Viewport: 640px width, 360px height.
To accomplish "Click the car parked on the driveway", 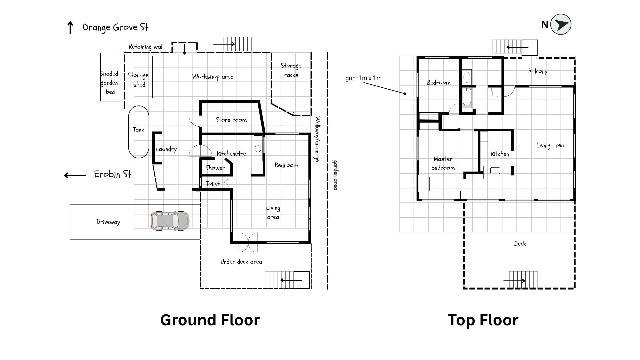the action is (170, 221).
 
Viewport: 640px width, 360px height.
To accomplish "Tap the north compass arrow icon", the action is (561, 24).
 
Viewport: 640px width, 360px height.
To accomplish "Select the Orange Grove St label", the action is (115, 27).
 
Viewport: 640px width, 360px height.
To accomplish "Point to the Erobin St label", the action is (113, 174).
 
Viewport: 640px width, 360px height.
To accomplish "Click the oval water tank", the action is (139, 132).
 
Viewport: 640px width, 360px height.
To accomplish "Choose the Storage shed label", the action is (138, 80).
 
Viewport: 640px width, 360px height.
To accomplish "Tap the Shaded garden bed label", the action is (109, 83).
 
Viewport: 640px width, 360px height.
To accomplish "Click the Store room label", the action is (231, 120).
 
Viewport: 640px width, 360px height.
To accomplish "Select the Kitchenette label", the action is (231, 153).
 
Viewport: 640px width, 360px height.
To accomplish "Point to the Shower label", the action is (215, 168).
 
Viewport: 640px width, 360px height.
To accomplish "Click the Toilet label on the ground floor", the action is (213, 183).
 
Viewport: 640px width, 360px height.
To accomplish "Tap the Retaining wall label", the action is (146, 47).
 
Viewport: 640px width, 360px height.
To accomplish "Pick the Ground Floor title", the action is (210, 320).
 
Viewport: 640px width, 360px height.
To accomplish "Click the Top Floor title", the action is (483, 320).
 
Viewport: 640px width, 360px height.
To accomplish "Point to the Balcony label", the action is (538, 71).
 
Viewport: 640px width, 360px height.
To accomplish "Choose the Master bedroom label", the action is (443, 163).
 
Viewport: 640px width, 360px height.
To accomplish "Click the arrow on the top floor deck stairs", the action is (514, 281).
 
